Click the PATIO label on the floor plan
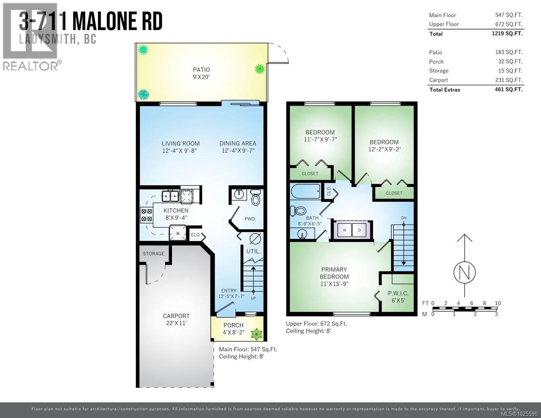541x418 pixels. pos(201,70)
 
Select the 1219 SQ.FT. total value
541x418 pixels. pos(507,33)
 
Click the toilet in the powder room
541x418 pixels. pos(256,197)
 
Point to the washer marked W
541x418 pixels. pos(344,230)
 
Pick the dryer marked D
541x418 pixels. pos(359,230)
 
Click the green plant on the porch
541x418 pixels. pos(256,334)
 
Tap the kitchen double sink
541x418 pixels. pos(170,196)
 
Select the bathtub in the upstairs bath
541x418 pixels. pos(306,191)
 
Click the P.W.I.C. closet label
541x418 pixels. pos(398,293)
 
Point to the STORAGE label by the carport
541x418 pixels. pos(153,253)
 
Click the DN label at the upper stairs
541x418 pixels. pos(403,218)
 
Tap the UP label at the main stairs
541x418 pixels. pos(253,298)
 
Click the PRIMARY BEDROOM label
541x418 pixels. pos(334,273)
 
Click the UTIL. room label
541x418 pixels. pos(253,251)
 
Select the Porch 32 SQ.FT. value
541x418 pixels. pos(510,62)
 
